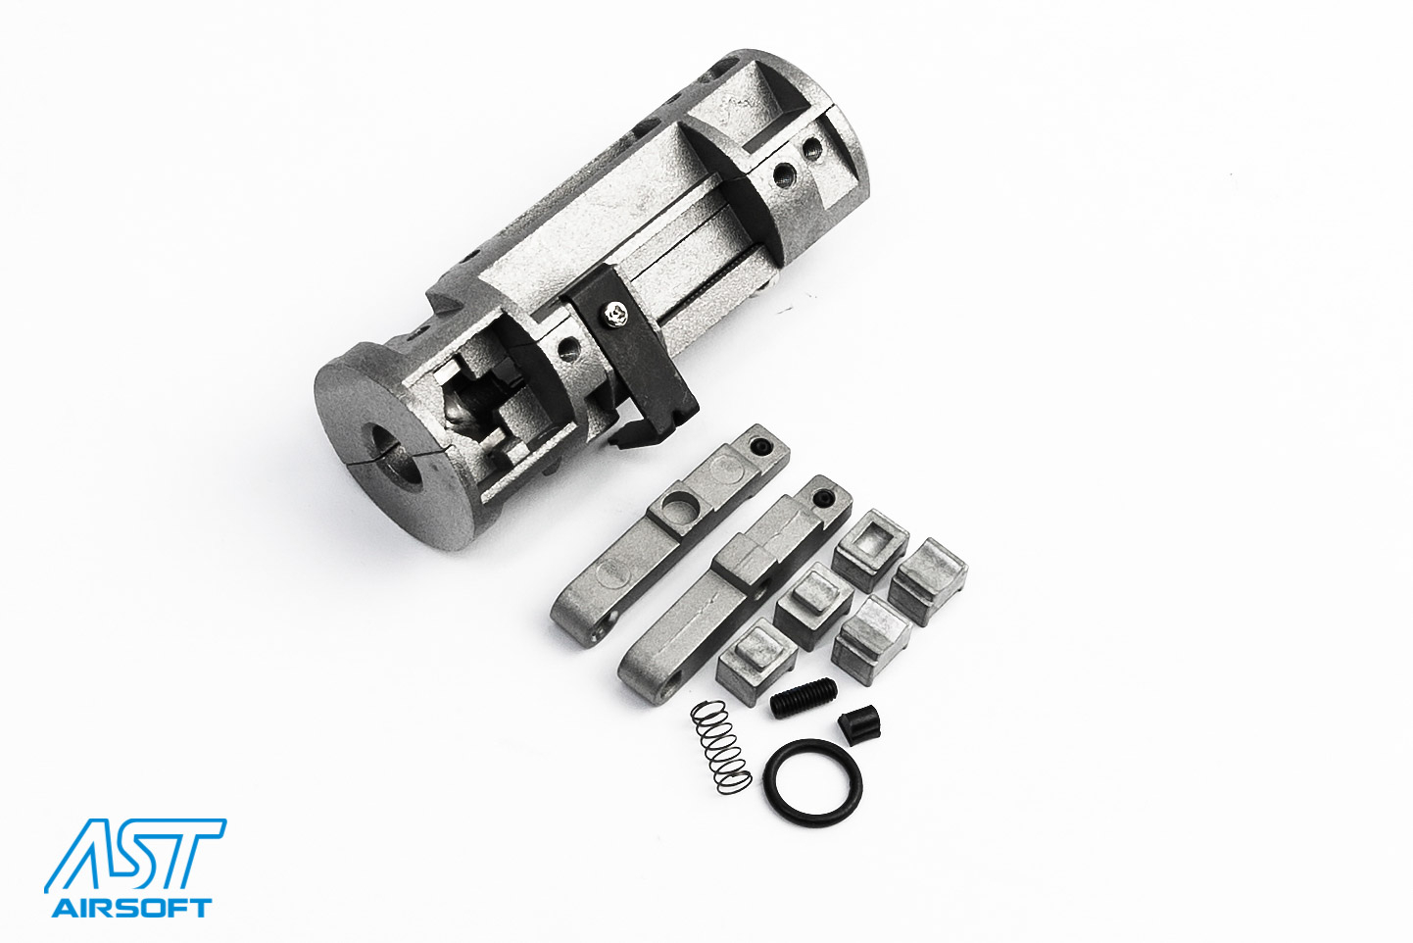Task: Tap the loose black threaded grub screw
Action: pos(803,697)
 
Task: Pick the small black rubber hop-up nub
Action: pos(860,725)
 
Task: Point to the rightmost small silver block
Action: pos(929,580)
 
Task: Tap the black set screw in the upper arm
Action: pos(761,448)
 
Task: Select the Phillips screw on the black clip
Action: pos(615,315)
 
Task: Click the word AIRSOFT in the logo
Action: pos(131,908)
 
